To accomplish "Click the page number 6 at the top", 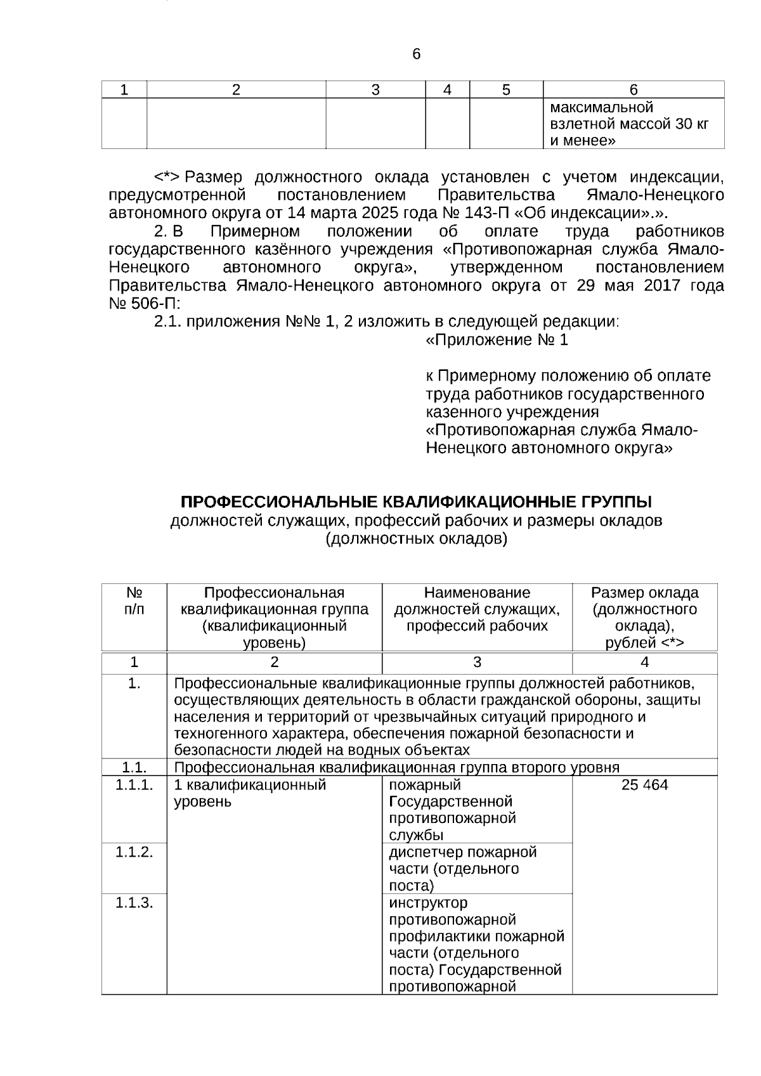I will click(x=416, y=55).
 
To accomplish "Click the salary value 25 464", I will click(x=644, y=785).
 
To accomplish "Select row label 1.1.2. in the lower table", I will click(x=134, y=852).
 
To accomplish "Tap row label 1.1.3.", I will click(x=134, y=902).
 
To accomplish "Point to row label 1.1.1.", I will click(x=134, y=785).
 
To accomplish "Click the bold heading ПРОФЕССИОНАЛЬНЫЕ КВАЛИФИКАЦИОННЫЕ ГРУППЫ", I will click(x=416, y=502).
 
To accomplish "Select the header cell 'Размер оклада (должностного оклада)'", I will click(x=644, y=618).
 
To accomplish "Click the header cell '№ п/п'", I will click(x=134, y=601).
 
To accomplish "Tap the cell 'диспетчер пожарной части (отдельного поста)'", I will click(x=463, y=868).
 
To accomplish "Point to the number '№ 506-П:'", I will click(x=145, y=303).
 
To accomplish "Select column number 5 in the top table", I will click(x=505, y=90).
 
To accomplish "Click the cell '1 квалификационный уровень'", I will click(x=250, y=793).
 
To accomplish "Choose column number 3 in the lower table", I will click(x=477, y=663).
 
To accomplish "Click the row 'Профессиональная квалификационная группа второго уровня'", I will click(x=396, y=768).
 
